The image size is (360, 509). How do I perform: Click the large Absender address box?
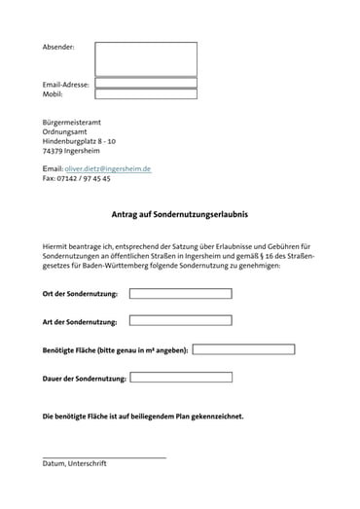click(145, 58)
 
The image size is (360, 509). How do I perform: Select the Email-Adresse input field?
click(145, 84)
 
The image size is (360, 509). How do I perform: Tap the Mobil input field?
click(145, 94)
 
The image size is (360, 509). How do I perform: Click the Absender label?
click(58, 47)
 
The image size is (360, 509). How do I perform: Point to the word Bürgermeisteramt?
click(72, 122)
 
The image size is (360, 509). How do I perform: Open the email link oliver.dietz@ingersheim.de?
click(108, 168)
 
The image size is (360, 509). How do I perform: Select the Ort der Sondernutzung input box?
click(180, 293)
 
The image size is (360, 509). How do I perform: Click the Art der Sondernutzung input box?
click(180, 320)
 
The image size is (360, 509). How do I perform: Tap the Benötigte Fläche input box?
click(243, 348)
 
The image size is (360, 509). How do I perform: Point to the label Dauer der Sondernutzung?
click(85, 378)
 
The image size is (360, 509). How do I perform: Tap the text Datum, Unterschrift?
click(74, 464)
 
